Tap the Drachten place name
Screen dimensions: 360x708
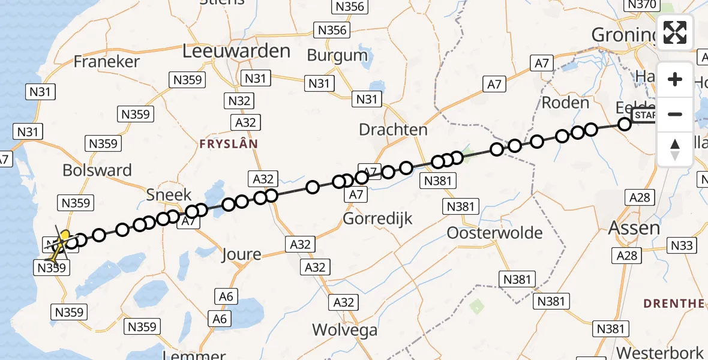pos(393,130)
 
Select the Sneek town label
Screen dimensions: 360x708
pos(169,194)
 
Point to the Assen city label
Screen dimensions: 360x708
pos(634,227)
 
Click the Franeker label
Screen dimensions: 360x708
pos(106,61)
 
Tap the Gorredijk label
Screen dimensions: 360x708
pos(377,218)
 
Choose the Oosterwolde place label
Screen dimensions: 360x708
pos(494,233)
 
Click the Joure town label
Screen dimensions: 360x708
pos(242,254)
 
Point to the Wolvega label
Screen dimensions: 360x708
pos(344,330)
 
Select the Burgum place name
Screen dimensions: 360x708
pos(337,56)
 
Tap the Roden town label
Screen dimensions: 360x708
pos(565,103)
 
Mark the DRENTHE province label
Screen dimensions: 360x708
pos(674,304)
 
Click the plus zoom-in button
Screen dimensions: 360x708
pos(675,79)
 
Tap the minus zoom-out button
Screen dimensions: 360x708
pos(675,114)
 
